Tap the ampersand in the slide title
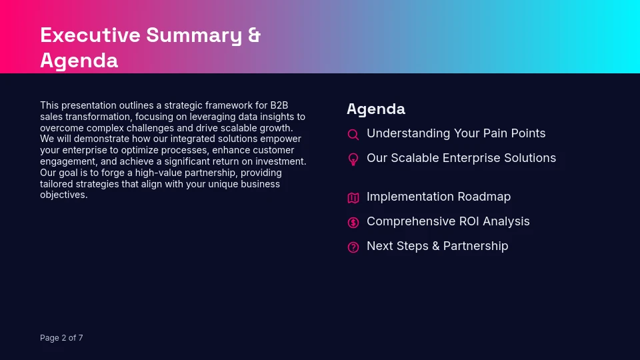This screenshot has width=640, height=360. pos(254,35)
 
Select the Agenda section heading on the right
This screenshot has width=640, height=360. pos(375,109)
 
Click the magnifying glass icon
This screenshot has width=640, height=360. pos(353,135)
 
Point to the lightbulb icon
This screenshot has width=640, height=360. pos(353,159)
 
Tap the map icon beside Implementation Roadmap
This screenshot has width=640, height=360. pos(353,198)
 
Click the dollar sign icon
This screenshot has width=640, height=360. pos(353,223)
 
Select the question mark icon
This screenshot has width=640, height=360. pos(353,247)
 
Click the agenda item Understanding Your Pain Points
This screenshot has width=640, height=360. pos(456,133)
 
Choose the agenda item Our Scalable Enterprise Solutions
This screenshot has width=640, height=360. pos(461,158)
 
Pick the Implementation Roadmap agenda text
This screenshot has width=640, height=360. pos(439,197)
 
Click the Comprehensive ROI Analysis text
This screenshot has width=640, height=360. pos(448,221)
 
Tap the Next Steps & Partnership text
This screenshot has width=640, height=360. pos(437,246)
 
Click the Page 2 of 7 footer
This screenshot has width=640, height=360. pos(61,338)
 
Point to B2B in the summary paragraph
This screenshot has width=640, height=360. pos(279,105)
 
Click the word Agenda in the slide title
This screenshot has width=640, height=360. pos(79,61)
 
